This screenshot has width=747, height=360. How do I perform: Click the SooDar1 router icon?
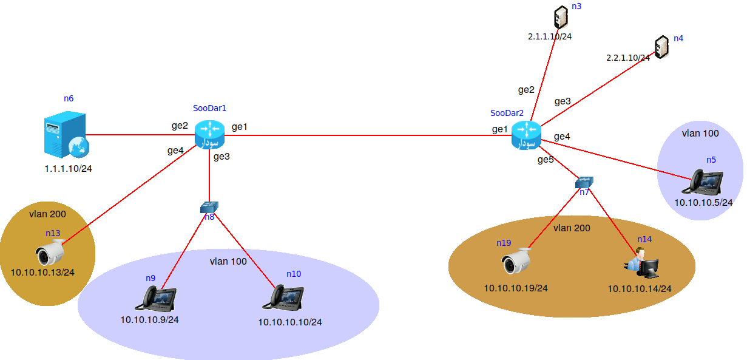(210, 134)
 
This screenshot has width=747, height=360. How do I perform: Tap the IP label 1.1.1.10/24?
(69, 168)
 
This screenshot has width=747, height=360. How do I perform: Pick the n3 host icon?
(561, 18)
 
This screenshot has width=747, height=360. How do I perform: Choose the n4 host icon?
(661, 47)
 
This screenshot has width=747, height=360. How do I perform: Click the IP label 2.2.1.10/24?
(628, 58)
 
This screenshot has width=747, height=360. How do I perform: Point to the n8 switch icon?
(209, 208)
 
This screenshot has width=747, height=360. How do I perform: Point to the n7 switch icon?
(584, 182)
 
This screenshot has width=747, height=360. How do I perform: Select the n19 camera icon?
(517, 262)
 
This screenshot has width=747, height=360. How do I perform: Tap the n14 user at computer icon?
(642, 263)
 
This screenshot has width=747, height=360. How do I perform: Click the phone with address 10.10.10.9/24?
(159, 297)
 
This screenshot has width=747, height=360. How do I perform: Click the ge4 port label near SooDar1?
(175, 151)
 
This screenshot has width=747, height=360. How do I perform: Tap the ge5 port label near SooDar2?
(546, 160)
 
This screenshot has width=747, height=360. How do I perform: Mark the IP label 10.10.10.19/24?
(516, 288)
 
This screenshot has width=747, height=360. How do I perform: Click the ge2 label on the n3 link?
(526, 90)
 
